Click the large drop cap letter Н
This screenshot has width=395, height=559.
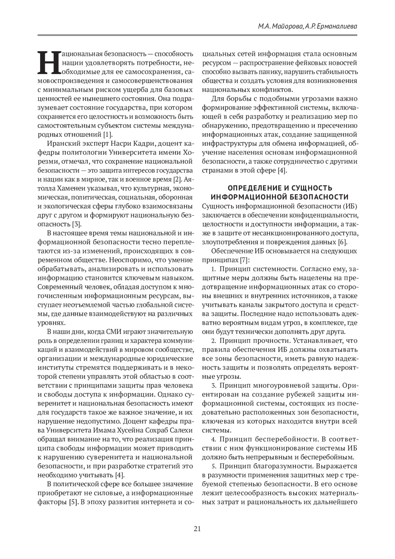click(x=48, y=63)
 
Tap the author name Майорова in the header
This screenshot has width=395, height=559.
click(x=286, y=26)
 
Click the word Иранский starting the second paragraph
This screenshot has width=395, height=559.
click(x=63, y=143)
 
